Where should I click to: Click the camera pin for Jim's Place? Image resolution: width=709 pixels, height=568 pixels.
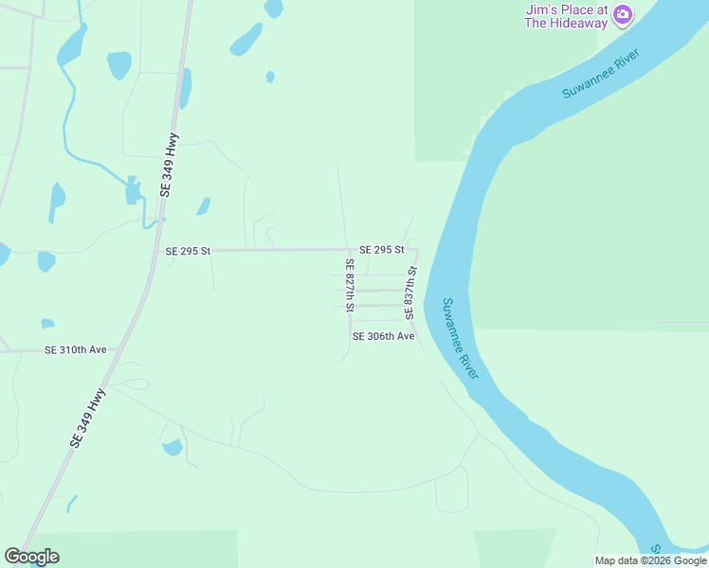[623, 13]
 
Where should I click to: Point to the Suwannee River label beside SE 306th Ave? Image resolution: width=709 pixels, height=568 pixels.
[462, 339]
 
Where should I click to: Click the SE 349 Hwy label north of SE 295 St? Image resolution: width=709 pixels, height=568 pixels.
[169, 169]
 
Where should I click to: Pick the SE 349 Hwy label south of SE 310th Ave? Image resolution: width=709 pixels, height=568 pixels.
[86, 417]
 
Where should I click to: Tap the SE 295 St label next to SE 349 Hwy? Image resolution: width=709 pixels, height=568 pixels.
[187, 251]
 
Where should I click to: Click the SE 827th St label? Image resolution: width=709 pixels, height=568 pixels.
[350, 285]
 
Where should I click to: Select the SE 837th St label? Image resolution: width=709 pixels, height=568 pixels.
[410, 292]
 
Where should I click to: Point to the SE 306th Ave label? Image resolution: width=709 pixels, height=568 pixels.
[383, 336]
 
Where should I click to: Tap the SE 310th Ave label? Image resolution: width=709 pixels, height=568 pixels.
[76, 349]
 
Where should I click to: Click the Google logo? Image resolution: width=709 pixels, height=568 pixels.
[31, 557]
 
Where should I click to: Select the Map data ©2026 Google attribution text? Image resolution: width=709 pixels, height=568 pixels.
[649, 560]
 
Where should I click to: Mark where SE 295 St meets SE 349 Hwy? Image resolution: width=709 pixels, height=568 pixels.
[156, 251]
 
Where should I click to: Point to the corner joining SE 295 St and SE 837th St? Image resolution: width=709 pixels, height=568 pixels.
[416, 251]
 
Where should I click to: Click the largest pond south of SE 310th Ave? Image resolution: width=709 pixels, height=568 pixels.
[173, 447]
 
